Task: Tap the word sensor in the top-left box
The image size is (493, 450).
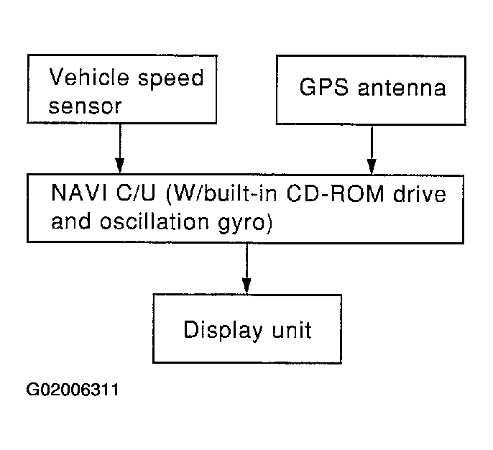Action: tap(86, 105)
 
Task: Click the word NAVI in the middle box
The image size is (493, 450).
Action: tap(74, 195)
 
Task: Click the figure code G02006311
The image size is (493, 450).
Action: tap(73, 391)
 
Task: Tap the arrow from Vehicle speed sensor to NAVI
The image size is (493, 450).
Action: tap(120, 150)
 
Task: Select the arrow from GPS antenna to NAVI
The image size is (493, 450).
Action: tap(371, 150)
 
